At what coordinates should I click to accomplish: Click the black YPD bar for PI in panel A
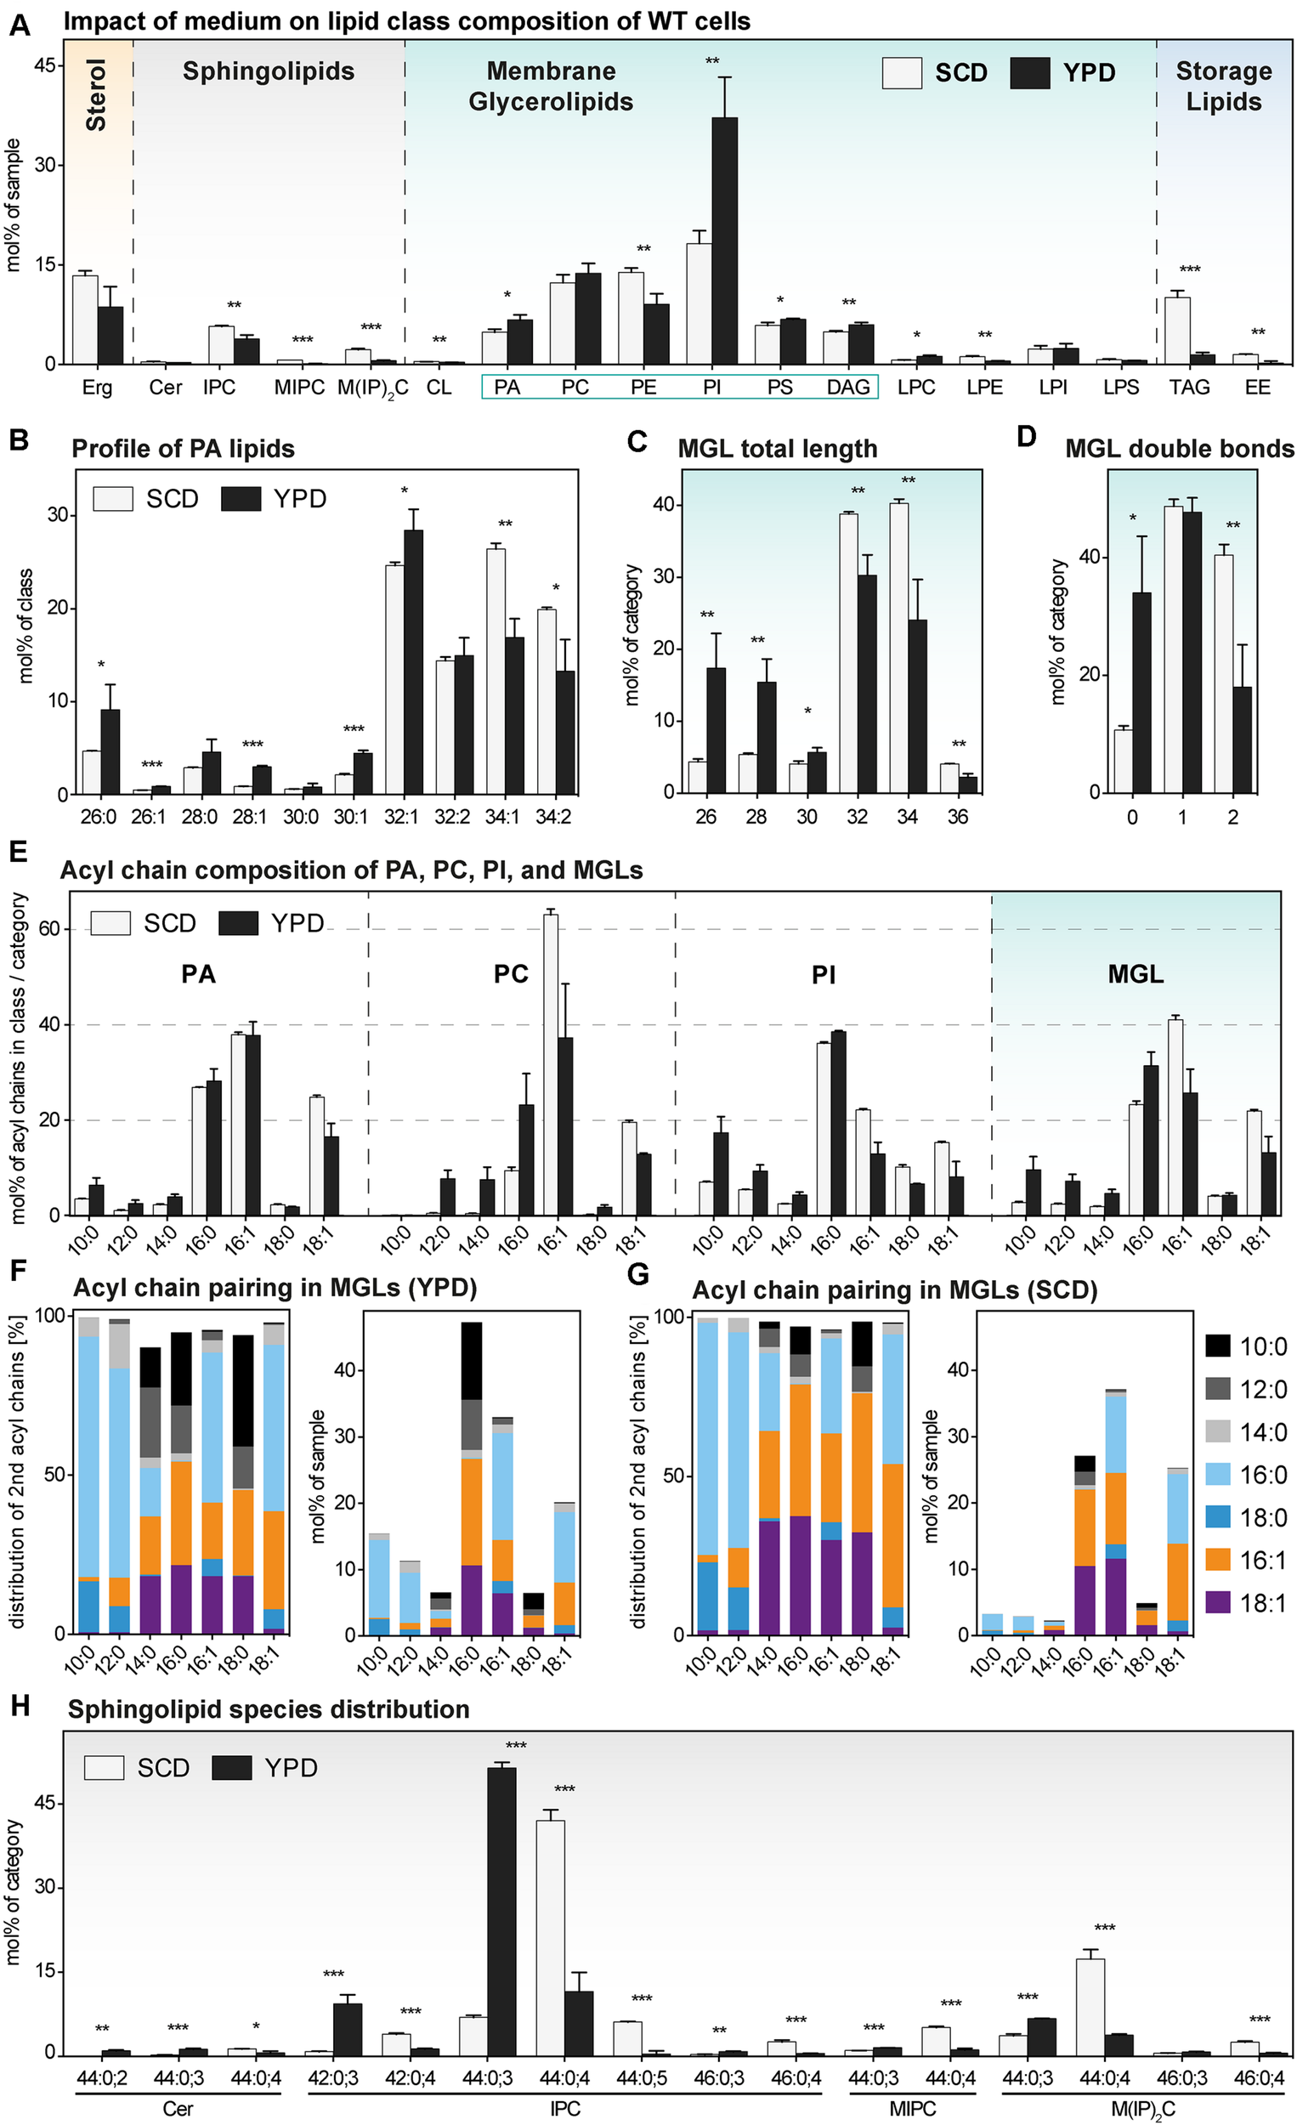click(724, 241)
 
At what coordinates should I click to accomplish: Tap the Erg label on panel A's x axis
click(98, 388)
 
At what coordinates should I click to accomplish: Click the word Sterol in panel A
click(96, 95)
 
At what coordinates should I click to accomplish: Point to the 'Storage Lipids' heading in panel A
click(1224, 86)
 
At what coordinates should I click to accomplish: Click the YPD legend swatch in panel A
click(1029, 73)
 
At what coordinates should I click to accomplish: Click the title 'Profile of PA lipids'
click(183, 449)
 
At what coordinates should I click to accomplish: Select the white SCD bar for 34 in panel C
click(898, 648)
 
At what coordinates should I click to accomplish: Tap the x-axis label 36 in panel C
click(957, 816)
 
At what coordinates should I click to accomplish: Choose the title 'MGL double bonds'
click(1179, 449)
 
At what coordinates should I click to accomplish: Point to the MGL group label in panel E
click(1135, 975)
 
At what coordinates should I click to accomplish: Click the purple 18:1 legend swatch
click(1217, 1603)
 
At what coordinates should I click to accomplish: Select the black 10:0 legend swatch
click(1217, 1346)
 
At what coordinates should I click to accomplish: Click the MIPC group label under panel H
click(912, 2108)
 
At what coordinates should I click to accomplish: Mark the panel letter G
click(637, 1274)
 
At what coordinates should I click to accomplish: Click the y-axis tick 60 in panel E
click(49, 929)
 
